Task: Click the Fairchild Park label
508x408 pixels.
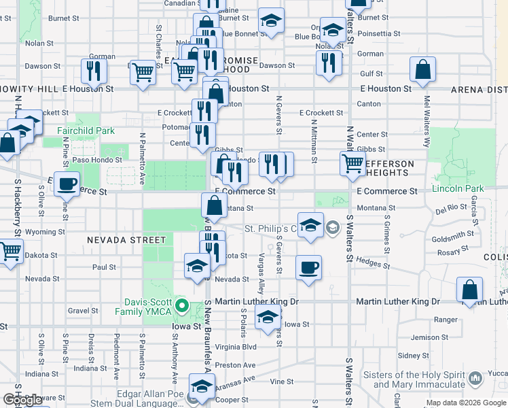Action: coord(85,130)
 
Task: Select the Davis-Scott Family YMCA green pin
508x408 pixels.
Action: coord(181,306)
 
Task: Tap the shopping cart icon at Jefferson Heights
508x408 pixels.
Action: coord(352,163)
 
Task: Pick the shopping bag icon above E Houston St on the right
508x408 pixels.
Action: coord(422,69)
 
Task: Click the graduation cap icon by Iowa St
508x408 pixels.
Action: coord(268,317)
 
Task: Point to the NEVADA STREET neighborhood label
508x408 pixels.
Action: coord(126,240)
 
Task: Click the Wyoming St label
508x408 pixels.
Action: coord(45,232)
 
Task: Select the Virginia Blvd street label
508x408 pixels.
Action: coord(236,346)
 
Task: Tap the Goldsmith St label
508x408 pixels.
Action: coord(452,235)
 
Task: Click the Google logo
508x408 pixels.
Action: coord(22,399)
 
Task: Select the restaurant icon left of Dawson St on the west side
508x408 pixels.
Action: coord(94,71)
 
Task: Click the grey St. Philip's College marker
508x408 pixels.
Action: coord(333,227)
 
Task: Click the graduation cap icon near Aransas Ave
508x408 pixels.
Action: coord(201,386)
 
